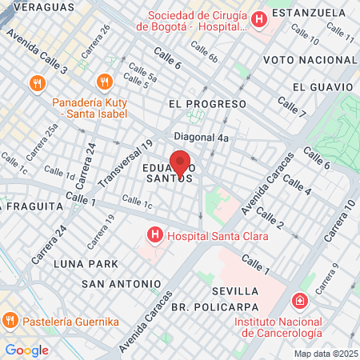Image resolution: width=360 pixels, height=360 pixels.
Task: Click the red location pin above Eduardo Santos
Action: coord(180,163)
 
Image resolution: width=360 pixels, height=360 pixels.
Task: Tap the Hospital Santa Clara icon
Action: coord(154,235)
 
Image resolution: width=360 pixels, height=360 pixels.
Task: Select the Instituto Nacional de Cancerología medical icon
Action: coord(299,302)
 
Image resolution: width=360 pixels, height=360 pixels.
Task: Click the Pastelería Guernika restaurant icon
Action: coord(10,321)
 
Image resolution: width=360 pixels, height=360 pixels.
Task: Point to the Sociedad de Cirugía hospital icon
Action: coord(258,20)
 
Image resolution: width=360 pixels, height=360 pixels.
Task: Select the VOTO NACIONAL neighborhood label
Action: coord(308,61)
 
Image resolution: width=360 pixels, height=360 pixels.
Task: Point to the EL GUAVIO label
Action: coord(322,86)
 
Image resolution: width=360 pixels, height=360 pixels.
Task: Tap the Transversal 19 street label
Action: coord(124,164)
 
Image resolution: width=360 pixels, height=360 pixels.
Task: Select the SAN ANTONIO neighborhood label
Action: coord(121,284)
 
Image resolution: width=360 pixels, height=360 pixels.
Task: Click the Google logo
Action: coord(26,350)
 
